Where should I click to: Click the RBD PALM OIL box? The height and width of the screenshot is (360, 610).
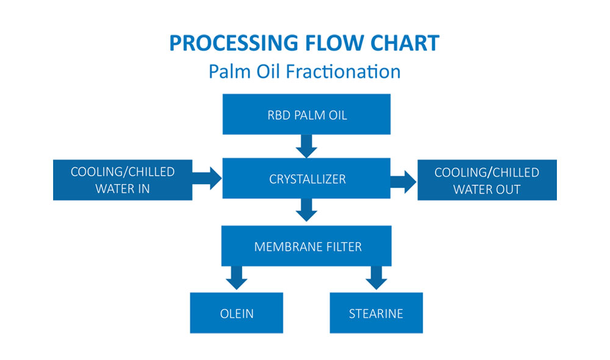(x=306, y=114)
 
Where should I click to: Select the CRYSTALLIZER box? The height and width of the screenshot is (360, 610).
(x=306, y=179)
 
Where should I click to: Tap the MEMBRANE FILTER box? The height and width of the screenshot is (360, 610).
(x=306, y=247)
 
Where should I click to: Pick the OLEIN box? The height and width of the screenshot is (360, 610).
(x=237, y=314)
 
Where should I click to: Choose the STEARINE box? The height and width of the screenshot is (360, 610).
(x=376, y=314)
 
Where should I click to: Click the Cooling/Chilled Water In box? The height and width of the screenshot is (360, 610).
(x=123, y=180)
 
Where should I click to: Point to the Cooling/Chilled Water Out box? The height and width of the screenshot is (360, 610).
(x=487, y=180)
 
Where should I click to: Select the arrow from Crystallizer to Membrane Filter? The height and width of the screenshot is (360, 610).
(x=306, y=210)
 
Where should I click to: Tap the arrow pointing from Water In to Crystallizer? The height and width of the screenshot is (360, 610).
(x=208, y=179)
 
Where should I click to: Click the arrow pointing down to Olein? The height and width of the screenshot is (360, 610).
(x=237, y=278)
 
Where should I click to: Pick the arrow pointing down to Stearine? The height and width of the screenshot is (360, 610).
(x=376, y=278)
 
